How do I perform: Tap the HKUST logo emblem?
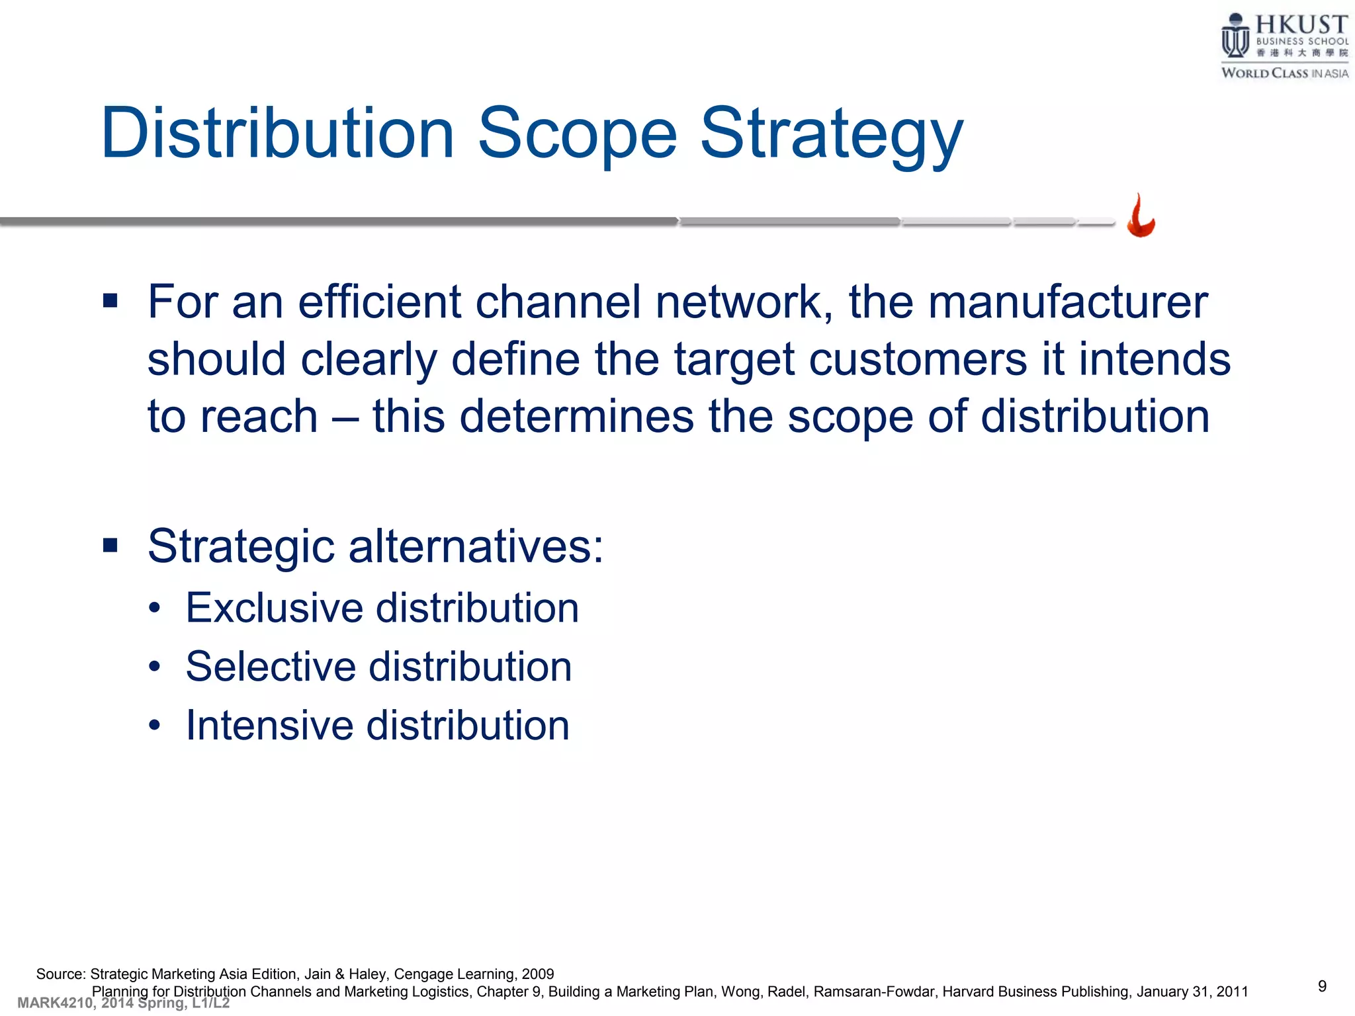1235,37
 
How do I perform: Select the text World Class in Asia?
1284,73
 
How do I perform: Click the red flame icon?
1141,216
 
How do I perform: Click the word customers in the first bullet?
918,360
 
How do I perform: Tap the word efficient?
380,302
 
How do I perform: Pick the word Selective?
271,666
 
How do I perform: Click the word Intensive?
269,725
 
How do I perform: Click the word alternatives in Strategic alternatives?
475,547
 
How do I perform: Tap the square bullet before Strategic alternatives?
110,546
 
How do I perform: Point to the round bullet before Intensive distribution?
155,726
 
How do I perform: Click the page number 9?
1322,986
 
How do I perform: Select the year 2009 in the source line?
537,974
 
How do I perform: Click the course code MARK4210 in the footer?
55,1003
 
